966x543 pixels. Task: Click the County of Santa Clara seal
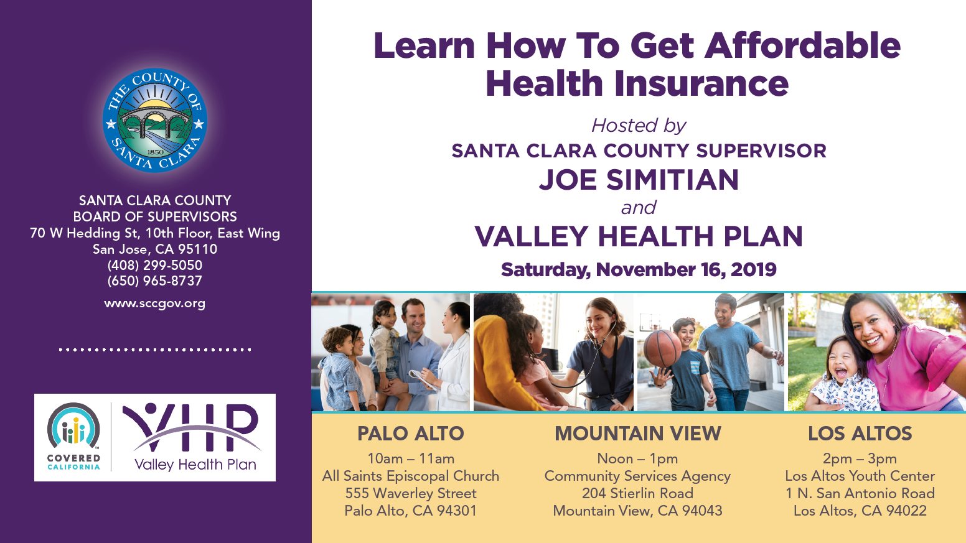pos(155,121)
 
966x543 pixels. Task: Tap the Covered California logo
pos(73,437)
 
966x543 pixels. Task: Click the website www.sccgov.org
pos(155,304)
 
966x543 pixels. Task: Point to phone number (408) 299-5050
pos(155,265)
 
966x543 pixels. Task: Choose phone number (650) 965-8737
pos(155,281)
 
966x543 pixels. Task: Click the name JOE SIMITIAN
pos(639,180)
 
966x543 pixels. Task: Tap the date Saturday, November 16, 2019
pos(639,270)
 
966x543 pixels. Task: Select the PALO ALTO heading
pos(411,434)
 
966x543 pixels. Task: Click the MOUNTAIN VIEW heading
pos(638,434)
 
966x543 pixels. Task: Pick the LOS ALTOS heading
pos(860,434)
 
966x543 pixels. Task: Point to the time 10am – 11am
pos(411,458)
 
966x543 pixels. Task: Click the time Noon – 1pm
pos(638,458)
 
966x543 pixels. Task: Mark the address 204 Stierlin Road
pos(638,493)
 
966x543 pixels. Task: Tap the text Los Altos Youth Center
pos(860,476)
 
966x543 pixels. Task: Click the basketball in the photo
pos(662,348)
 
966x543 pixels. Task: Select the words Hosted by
pos(639,126)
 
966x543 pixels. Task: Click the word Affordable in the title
pos(802,45)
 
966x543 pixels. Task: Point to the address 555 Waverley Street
pos(411,493)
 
